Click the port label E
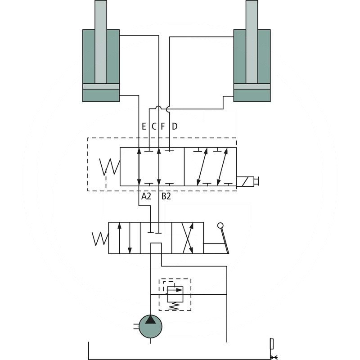click(x=144, y=126)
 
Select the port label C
click(x=154, y=126)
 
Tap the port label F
click(x=163, y=126)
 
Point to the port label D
click(x=175, y=126)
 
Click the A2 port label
click(x=146, y=196)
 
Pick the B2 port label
click(x=166, y=196)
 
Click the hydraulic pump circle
click(x=150, y=327)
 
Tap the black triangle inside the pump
click(x=150, y=319)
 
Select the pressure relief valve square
click(x=175, y=294)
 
